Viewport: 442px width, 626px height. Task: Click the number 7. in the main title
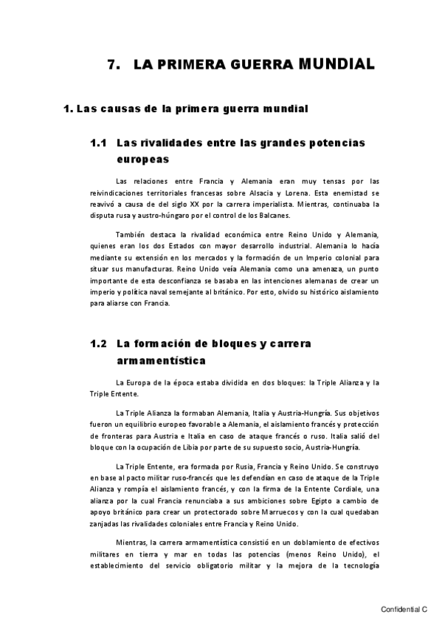coord(114,65)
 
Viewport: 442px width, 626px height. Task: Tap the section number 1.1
coord(100,142)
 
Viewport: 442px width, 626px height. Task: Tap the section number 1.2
coord(100,343)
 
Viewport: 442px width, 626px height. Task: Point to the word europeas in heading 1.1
coord(142,158)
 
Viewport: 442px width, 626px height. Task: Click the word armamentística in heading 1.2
coord(161,360)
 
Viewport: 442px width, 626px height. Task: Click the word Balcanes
coord(272,215)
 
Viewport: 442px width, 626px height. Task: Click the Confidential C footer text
coord(404,609)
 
